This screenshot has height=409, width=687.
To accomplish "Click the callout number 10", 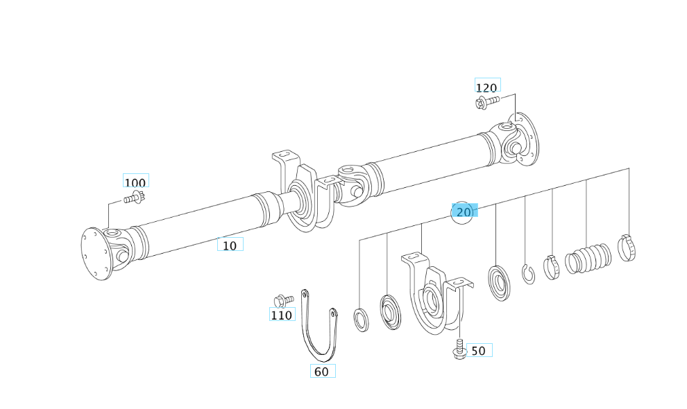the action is click(230, 245).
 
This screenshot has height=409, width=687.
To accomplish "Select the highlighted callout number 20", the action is click(464, 212).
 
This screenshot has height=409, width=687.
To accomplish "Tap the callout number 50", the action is click(478, 351).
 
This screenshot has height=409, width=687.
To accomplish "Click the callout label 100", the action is click(135, 182).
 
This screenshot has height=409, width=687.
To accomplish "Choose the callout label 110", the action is click(281, 315).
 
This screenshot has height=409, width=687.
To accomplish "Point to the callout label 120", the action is click(486, 87).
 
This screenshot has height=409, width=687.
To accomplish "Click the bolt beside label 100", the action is click(135, 198).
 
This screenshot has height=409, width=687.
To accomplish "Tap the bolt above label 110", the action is click(284, 300).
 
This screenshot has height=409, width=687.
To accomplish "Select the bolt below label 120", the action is click(487, 103).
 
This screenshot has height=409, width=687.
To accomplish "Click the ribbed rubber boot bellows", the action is click(588, 259).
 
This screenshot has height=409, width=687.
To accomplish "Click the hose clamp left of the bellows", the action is click(552, 267).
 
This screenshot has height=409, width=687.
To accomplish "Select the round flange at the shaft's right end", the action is click(527, 140).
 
